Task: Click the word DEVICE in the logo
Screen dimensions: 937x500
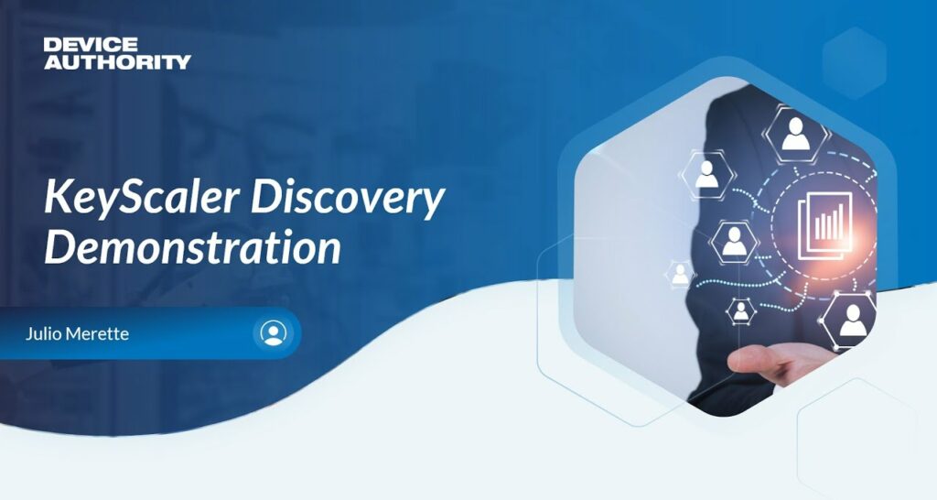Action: point(91,44)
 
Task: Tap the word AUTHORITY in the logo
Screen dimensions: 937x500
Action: point(117,61)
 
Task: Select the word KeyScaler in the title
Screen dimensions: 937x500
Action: point(142,198)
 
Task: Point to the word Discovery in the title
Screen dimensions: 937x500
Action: point(348,199)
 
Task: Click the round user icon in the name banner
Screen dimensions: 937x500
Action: point(273,332)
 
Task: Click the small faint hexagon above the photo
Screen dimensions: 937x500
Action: point(854,63)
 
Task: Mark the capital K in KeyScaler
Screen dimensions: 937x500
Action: point(59,198)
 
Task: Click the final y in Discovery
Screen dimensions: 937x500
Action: point(433,204)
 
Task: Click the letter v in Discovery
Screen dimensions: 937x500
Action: point(363,202)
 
